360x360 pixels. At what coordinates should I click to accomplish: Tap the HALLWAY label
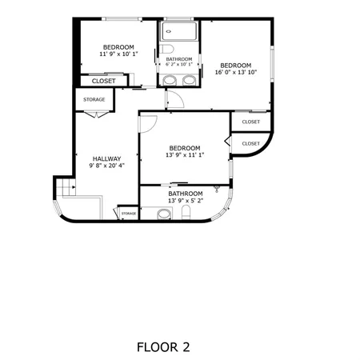point(106,158)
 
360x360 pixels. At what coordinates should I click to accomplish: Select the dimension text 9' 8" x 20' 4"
point(106,167)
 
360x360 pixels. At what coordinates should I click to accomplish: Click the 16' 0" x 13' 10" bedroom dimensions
point(235,73)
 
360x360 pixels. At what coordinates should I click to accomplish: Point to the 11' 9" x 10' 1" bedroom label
point(118,54)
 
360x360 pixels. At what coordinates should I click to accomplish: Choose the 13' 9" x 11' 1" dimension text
point(184,155)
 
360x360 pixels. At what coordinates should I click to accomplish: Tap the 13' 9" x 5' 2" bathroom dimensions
point(185,201)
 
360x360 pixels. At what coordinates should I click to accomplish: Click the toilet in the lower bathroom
point(186,212)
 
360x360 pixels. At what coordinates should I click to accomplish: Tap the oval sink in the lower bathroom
point(163,214)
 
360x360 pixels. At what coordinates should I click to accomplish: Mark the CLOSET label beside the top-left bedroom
point(103,81)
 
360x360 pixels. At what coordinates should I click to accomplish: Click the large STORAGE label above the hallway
point(94,100)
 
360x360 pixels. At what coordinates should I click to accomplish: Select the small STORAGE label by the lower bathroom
point(128,214)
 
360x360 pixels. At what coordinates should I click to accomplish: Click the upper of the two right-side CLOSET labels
point(250,122)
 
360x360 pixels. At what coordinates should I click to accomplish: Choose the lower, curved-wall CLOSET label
point(250,143)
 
